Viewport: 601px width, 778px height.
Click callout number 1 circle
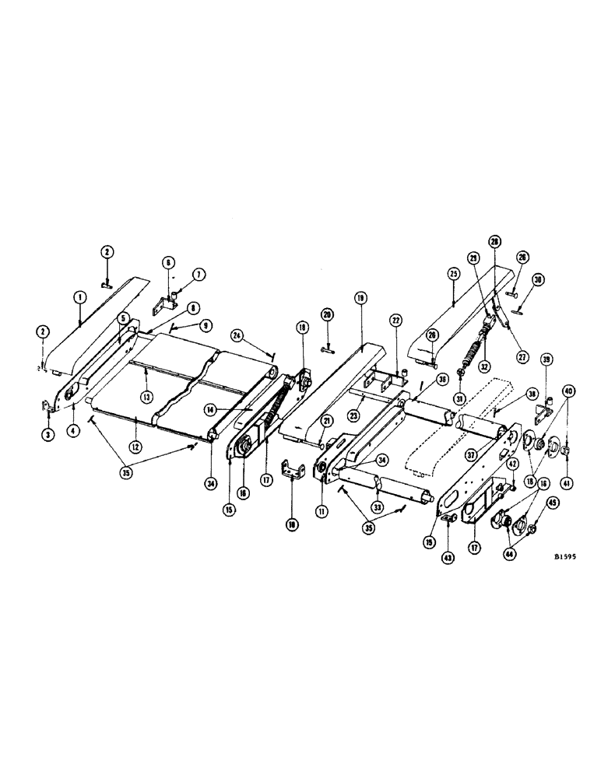coord(79,297)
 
